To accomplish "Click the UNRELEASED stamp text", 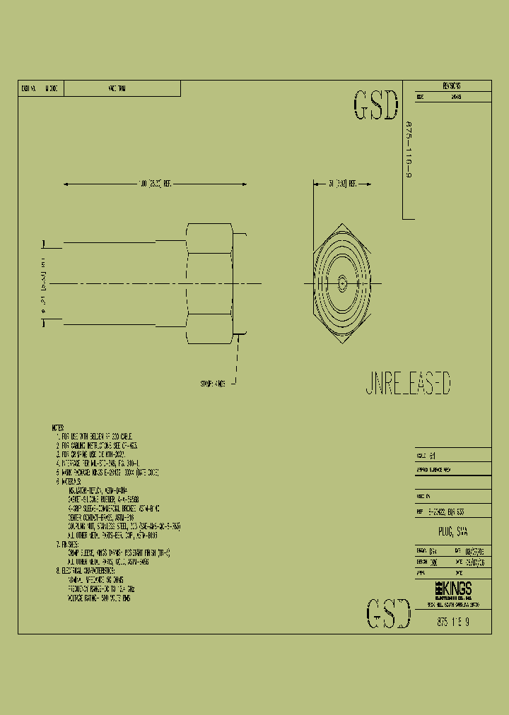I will tap(408, 384).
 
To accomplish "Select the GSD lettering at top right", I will tap(375, 106).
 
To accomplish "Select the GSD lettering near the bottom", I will tap(389, 613).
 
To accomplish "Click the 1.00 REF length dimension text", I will tap(155, 183).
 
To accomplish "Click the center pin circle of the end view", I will tap(342, 284).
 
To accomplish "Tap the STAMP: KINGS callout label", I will tap(213, 384).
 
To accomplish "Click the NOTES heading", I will tap(58, 428).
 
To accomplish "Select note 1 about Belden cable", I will tap(95, 437).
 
